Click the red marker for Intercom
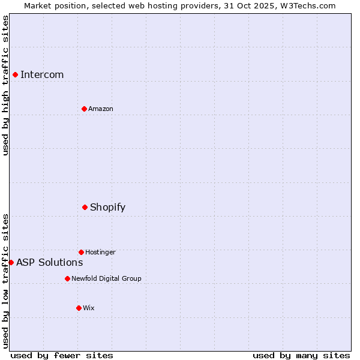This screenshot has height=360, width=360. pos(15,74)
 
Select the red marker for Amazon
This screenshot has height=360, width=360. pos(84,109)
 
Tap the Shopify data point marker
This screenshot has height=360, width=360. pos(85,207)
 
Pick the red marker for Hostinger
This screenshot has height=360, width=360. pos(81,252)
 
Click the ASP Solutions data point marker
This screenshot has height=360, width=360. pos(11,262)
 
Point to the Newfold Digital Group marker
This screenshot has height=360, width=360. pos(67,278)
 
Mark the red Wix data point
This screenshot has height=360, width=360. pos(79,308)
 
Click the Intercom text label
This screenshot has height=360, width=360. pos(42,74)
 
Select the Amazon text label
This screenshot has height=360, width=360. pos(101,109)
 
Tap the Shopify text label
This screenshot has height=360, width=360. pos(107,207)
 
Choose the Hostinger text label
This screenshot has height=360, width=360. pos(100,252)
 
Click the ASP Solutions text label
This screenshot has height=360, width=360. pos(49,262)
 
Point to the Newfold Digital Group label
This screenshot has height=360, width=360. pos(106,278)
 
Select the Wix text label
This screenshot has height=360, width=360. pos(89,308)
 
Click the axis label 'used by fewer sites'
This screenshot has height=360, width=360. pos(62,355)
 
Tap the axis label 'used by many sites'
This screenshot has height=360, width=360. pos(301,355)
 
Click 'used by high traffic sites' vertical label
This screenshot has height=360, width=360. pos(5,85)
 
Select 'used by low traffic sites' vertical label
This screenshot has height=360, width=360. pos(5,280)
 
